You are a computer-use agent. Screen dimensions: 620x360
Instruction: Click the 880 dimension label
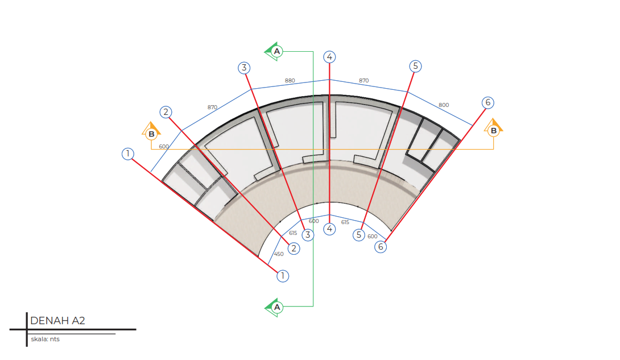click(x=290, y=81)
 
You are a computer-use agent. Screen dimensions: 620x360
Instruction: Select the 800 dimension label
click(x=444, y=105)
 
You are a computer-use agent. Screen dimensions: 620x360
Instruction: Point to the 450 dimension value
click(x=279, y=254)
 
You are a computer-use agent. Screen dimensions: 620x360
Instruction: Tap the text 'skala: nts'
click(x=45, y=339)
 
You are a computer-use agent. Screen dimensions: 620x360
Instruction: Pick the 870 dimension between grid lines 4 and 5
click(x=364, y=81)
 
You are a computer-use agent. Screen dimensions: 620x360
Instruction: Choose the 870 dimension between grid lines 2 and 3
click(x=212, y=107)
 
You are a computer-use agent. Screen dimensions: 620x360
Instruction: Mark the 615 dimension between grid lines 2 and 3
click(x=293, y=233)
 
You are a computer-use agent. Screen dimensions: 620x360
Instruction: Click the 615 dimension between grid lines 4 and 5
click(x=345, y=222)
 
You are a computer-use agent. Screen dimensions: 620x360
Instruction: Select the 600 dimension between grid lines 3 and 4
click(x=314, y=221)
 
